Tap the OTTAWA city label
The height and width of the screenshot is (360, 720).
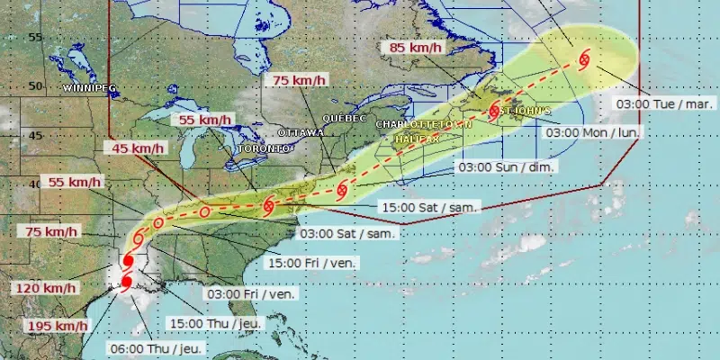coord(301,132)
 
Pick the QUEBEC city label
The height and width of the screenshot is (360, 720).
coord(343,118)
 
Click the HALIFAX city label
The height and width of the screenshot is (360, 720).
coord(415,139)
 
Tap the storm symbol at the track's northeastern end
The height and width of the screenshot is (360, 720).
coord(583,60)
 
